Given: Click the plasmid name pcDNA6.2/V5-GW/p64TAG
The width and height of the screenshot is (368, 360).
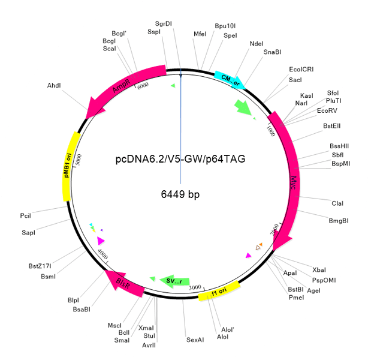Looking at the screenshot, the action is click(x=180, y=159).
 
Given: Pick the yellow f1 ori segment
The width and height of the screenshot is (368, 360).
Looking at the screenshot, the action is click(x=219, y=291).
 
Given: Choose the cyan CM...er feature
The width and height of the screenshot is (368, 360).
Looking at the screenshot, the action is click(x=231, y=77).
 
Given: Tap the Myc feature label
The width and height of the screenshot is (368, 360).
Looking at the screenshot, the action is click(x=292, y=180).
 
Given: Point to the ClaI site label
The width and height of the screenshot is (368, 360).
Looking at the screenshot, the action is click(x=337, y=203).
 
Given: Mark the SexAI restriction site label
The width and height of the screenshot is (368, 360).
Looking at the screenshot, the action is click(x=195, y=340).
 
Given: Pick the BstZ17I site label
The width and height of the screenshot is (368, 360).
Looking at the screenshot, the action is click(x=40, y=266).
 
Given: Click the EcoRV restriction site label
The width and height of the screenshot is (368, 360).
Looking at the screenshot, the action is click(x=327, y=111).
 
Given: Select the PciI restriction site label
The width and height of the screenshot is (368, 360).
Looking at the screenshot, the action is click(x=25, y=215).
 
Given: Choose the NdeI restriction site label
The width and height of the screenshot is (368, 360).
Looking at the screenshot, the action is click(x=256, y=43).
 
